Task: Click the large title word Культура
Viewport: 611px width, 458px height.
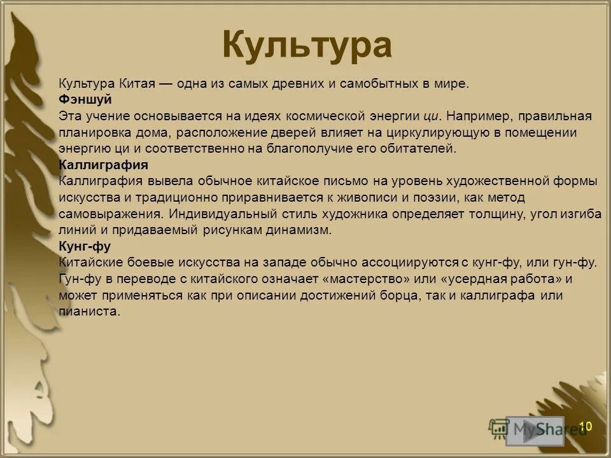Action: [x=306, y=45]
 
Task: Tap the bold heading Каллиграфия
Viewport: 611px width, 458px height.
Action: [x=104, y=165]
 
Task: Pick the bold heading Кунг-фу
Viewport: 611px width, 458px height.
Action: [x=84, y=247]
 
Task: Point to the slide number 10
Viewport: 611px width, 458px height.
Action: [x=585, y=426]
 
